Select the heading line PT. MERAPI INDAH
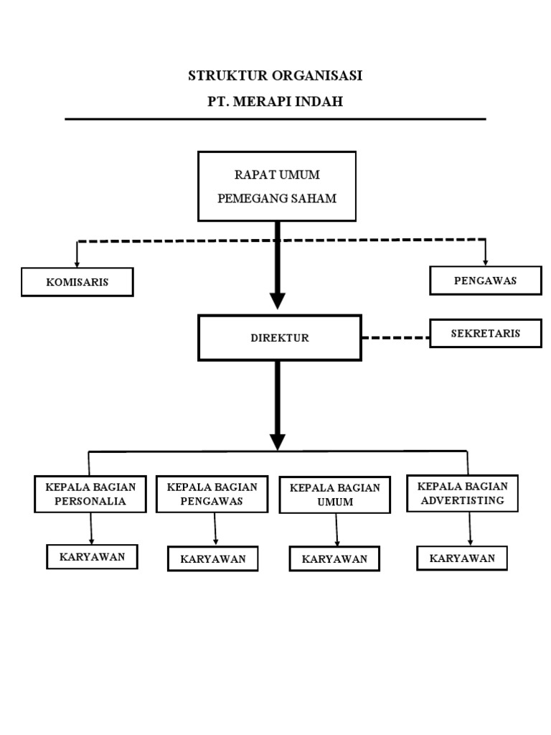tap(275, 102)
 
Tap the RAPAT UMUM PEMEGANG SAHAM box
tap(277, 186)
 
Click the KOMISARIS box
tap(77, 282)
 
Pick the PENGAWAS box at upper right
tap(485, 280)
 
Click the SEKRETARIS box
tap(485, 333)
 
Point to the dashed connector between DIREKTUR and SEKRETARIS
tap(395, 337)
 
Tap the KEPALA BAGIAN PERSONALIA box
tap(90, 494)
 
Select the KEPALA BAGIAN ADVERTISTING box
tap(462, 493)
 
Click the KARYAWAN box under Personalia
tap(92, 556)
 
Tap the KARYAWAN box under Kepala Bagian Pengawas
tap(213, 559)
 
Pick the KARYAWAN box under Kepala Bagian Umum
tap(334, 559)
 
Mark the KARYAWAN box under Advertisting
tap(462, 558)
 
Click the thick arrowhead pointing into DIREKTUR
tap(278, 301)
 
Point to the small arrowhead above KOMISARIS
tap(77, 263)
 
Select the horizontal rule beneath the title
tap(275, 119)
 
